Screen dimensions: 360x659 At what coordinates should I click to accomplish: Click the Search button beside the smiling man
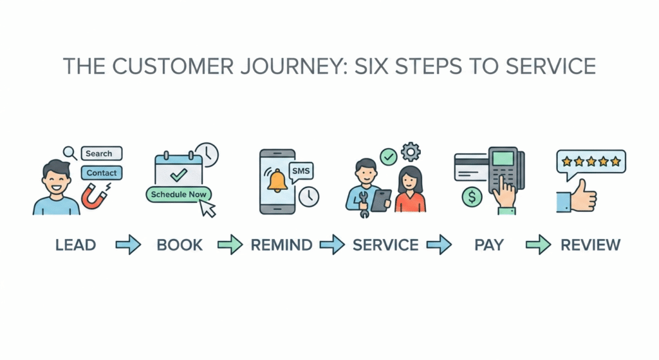click(x=102, y=153)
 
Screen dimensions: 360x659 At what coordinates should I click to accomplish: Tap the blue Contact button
click(x=102, y=173)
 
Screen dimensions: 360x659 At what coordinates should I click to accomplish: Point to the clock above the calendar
click(x=207, y=155)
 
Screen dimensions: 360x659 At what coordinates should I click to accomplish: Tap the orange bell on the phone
click(x=278, y=182)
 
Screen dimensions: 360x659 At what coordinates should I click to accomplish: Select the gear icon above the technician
click(x=410, y=152)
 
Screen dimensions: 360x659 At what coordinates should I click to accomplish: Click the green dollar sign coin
click(x=472, y=196)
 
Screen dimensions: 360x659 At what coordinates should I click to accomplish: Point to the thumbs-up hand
click(x=577, y=196)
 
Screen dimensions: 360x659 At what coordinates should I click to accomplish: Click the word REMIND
click(x=281, y=245)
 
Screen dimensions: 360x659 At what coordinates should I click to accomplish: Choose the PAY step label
click(x=488, y=245)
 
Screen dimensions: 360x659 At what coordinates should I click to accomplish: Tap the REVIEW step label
click(x=590, y=245)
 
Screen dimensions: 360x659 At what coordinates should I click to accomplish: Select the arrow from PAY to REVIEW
click(x=538, y=245)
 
